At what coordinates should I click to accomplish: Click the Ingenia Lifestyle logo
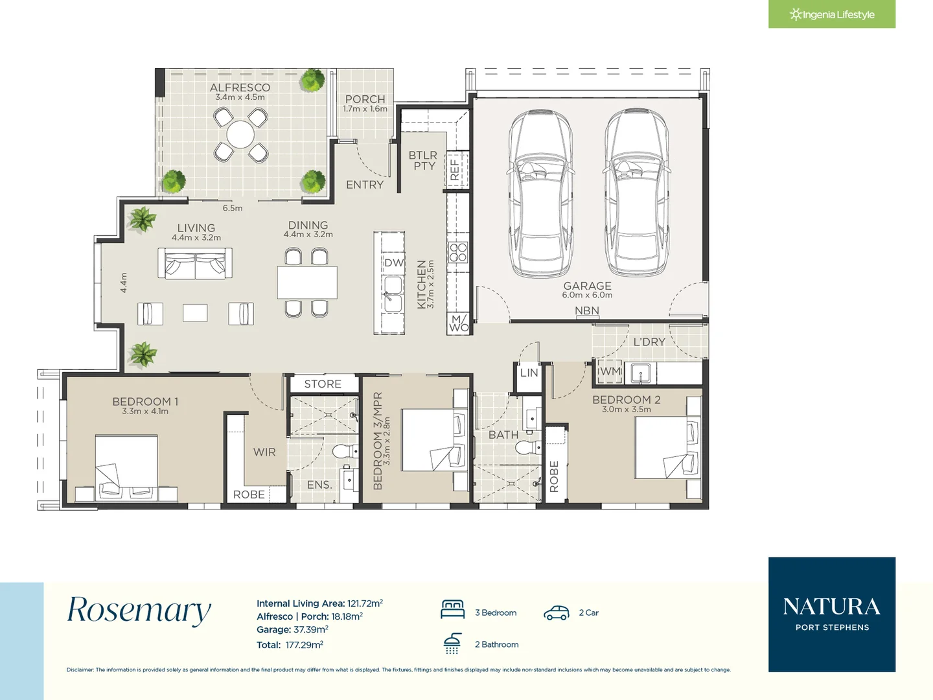831,14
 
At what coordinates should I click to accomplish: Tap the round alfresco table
240,134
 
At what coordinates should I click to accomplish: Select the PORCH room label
365,99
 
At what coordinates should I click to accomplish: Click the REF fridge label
454,169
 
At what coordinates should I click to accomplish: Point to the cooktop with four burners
458,252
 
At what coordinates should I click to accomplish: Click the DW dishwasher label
393,262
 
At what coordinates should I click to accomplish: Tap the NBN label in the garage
586,310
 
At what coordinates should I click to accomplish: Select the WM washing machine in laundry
610,372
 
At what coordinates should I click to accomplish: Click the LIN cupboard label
529,373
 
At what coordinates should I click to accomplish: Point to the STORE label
323,384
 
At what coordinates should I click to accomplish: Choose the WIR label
264,452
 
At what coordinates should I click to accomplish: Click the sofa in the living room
195,264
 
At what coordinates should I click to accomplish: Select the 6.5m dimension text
233,208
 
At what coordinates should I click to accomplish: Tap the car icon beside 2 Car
557,613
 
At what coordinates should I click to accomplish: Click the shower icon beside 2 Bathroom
452,644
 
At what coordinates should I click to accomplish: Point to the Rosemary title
139,611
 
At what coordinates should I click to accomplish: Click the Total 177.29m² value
305,645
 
